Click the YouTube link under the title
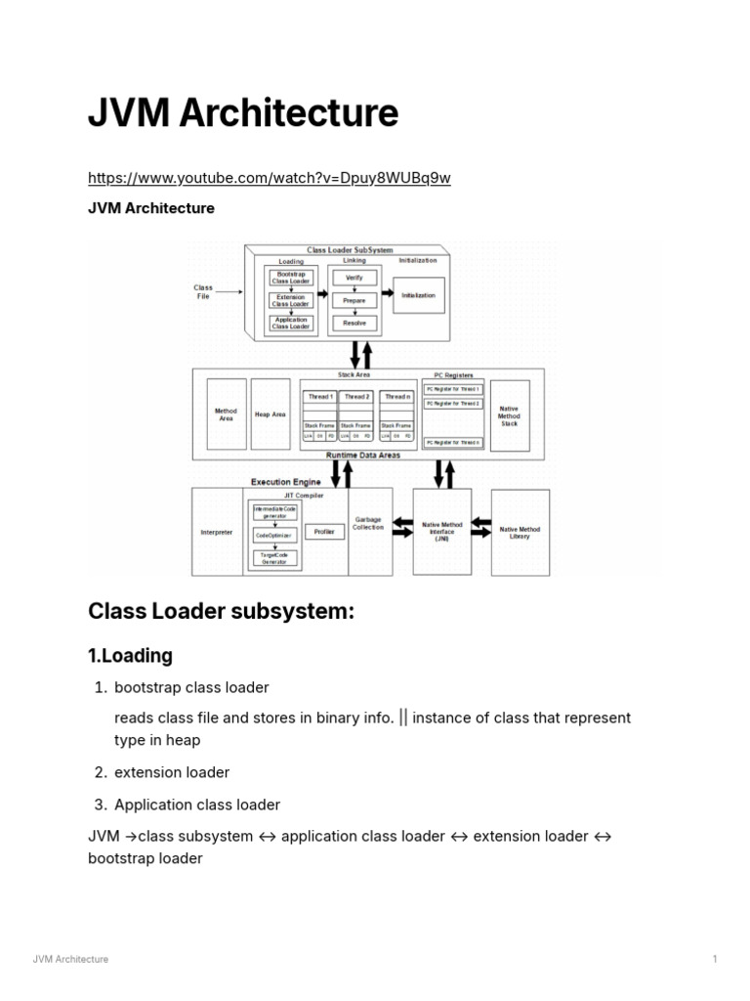270,178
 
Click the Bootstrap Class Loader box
291,278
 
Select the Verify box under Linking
354,279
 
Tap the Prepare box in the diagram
354,301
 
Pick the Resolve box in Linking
354,323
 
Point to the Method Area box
226,414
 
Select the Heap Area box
271,414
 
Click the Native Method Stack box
509,415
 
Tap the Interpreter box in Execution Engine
216,532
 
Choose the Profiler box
324,532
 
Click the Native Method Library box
520,532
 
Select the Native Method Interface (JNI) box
442,532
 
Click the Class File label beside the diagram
203,290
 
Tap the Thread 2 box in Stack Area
357,396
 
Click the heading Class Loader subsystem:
220,612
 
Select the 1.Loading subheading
131,655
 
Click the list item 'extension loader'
172,772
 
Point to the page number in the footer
715,959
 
